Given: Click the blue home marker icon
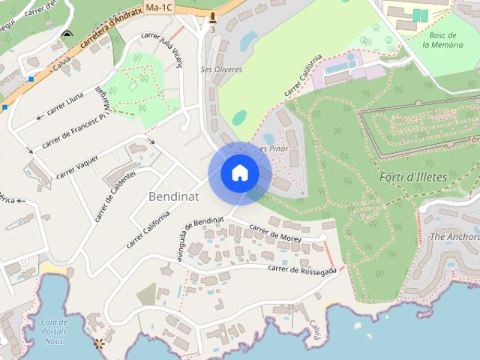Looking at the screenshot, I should (x=239, y=172).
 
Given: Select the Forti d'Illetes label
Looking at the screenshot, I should (x=413, y=177).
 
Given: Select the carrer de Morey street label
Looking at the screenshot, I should (x=275, y=233).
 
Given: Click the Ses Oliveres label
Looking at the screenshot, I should (x=221, y=69).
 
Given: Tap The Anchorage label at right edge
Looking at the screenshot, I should (x=454, y=236).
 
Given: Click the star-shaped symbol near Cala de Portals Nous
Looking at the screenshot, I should (x=98, y=344).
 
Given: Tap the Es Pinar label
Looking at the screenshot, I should (x=274, y=148).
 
